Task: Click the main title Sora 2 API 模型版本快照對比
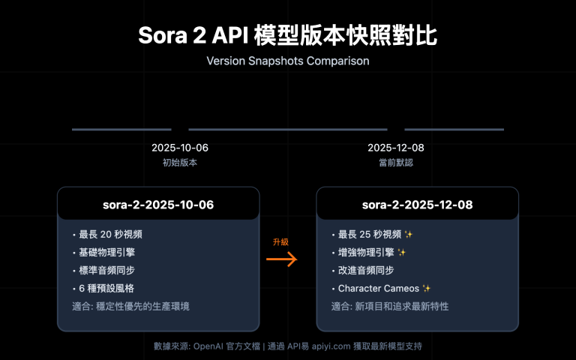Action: point(288,35)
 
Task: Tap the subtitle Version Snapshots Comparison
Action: point(288,61)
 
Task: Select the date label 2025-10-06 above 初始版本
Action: point(180,148)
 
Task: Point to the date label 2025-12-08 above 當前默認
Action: point(396,148)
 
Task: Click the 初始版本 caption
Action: point(180,163)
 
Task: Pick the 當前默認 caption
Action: point(396,163)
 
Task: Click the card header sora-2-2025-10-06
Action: point(158,203)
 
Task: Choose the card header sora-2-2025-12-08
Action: point(417,203)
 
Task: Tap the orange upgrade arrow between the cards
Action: point(282,259)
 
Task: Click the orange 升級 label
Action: point(280,242)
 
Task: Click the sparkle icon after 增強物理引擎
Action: point(402,252)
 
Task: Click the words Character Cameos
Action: point(378,288)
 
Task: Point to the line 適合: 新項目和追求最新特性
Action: point(390,306)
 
